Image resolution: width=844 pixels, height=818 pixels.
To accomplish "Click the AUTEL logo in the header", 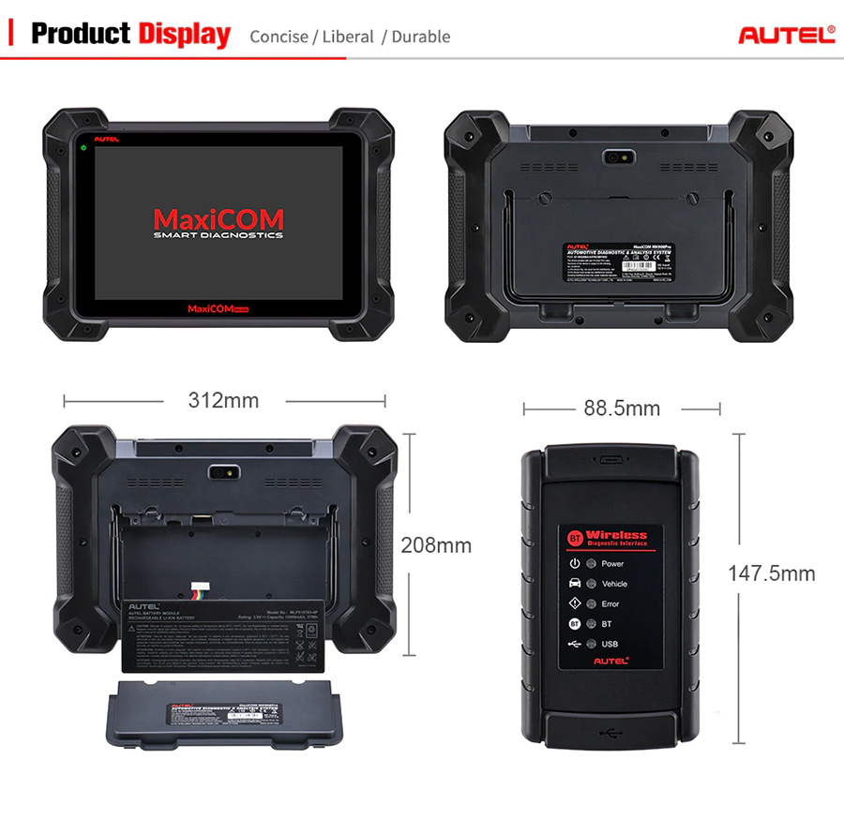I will (x=786, y=35).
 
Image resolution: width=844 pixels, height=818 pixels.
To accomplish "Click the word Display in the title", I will (x=185, y=35).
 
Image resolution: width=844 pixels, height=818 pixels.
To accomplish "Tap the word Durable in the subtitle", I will (x=420, y=37).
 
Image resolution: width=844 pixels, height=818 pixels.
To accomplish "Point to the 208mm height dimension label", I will (x=436, y=544).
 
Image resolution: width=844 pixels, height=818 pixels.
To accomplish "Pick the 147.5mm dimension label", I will (x=772, y=573).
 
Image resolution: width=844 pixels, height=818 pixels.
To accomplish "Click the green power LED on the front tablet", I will (x=84, y=149).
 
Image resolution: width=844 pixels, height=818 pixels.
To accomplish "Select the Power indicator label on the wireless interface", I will (x=612, y=564).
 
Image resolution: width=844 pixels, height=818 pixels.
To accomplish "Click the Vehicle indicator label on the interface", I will (x=614, y=584).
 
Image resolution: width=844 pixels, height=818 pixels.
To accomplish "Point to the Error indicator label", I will (x=610, y=604).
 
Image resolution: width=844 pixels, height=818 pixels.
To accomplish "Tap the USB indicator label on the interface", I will (x=610, y=644).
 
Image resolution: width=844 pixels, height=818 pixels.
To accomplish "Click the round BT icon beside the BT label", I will (x=575, y=624).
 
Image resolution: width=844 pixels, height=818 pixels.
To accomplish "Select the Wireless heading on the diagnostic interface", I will (x=616, y=535).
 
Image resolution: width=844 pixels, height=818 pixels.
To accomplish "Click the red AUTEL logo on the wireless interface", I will (x=610, y=661).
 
